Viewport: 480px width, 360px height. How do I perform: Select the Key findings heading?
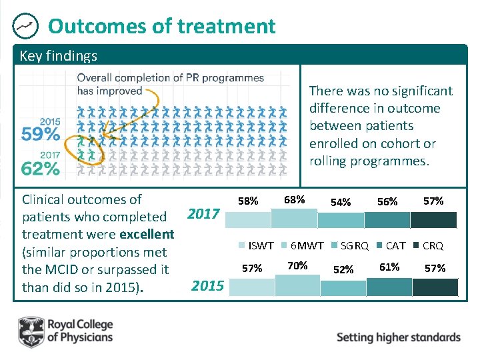tap(59, 56)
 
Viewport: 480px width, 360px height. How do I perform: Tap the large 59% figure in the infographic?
tap(41, 135)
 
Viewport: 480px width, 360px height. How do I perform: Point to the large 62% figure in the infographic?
tap(41, 169)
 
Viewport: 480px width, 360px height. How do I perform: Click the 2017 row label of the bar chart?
tap(203, 214)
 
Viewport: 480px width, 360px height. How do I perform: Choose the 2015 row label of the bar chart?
tap(207, 286)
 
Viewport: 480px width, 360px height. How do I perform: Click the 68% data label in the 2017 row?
tap(294, 199)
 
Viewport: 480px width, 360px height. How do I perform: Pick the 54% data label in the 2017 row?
tap(341, 202)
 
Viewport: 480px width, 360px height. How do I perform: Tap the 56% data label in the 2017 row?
tap(387, 201)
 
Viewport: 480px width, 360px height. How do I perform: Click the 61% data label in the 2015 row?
tap(389, 267)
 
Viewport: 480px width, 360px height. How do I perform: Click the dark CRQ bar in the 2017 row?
tap(434, 220)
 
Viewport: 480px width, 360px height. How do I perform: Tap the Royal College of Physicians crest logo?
tap(31, 331)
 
